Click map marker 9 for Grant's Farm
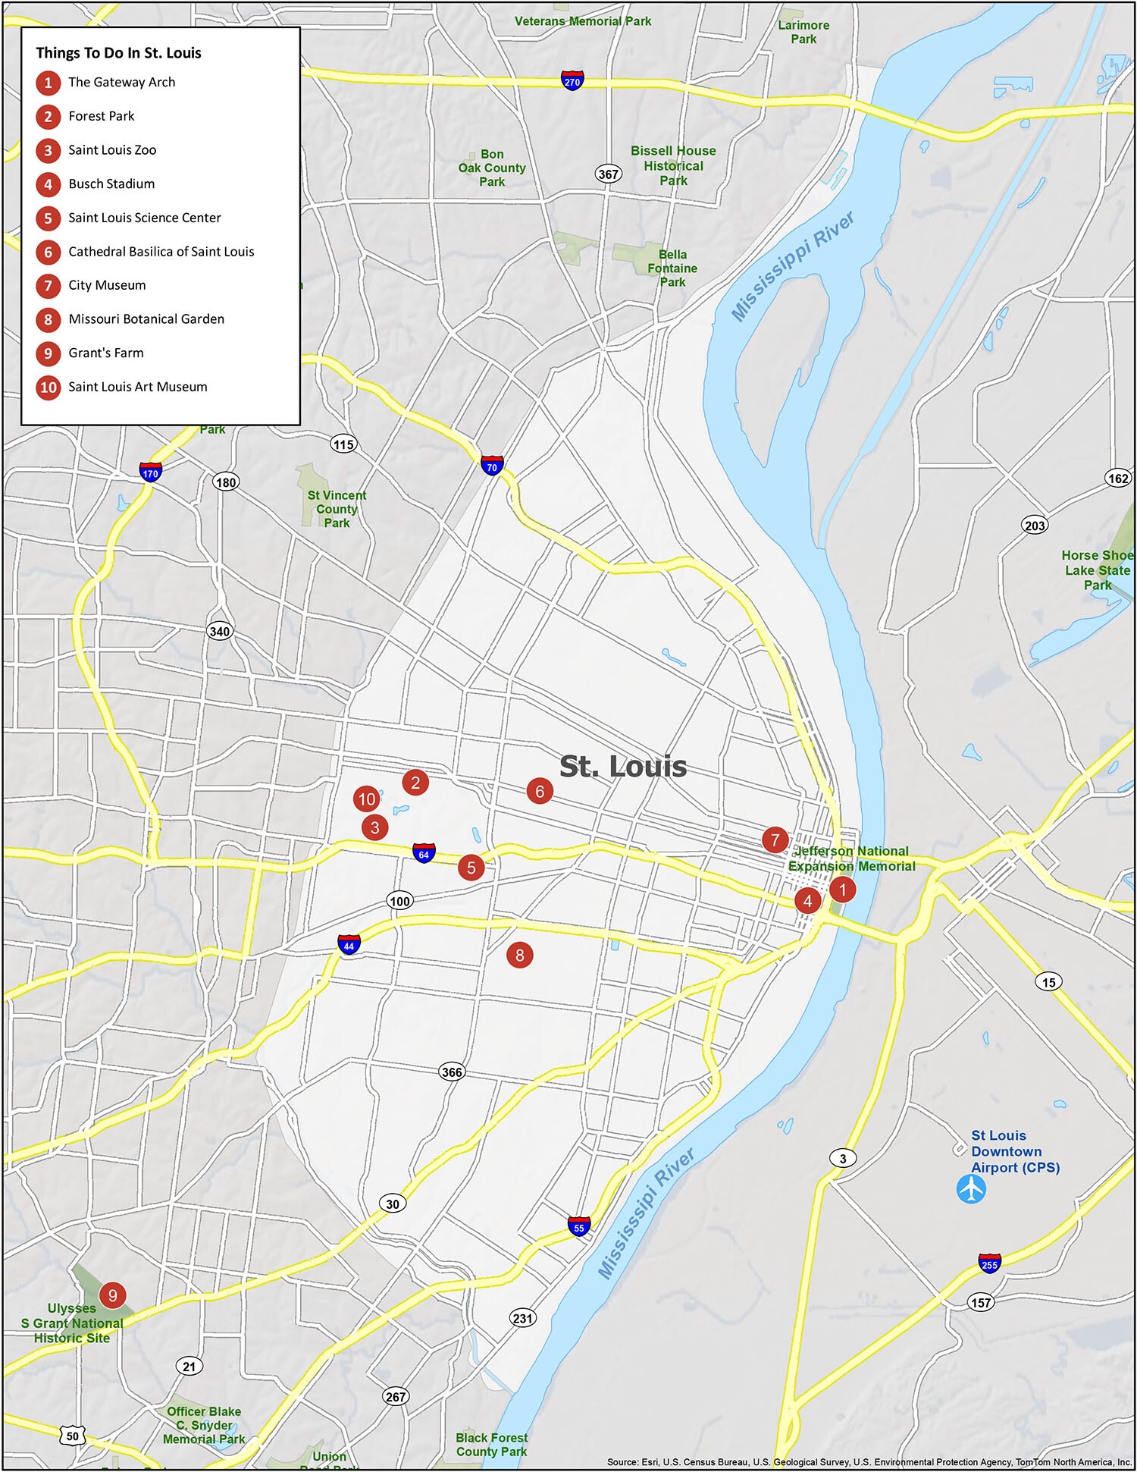pos(112,1295)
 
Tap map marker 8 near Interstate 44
pos(519,955)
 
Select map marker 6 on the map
pos(540,792)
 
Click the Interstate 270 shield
pos(572,80)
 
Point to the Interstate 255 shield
pos(989,1263)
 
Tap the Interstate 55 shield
pos(579,1226)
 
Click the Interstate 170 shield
pos(150,472)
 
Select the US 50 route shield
pos(72,1436)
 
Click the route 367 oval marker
pos(609,174)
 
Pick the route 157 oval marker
pos(981,1303)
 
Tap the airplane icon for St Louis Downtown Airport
pos(971,1188)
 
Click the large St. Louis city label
pos(623,766)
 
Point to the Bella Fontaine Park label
pos(672,268)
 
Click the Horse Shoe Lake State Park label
pos(1097,570)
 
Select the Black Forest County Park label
pos(491,1444)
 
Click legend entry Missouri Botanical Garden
pos(146,319)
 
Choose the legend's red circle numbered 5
pos(48,218)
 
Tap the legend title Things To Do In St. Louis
pos(118,53)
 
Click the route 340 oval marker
pos(219,631)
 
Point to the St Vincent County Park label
pos(337,509)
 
